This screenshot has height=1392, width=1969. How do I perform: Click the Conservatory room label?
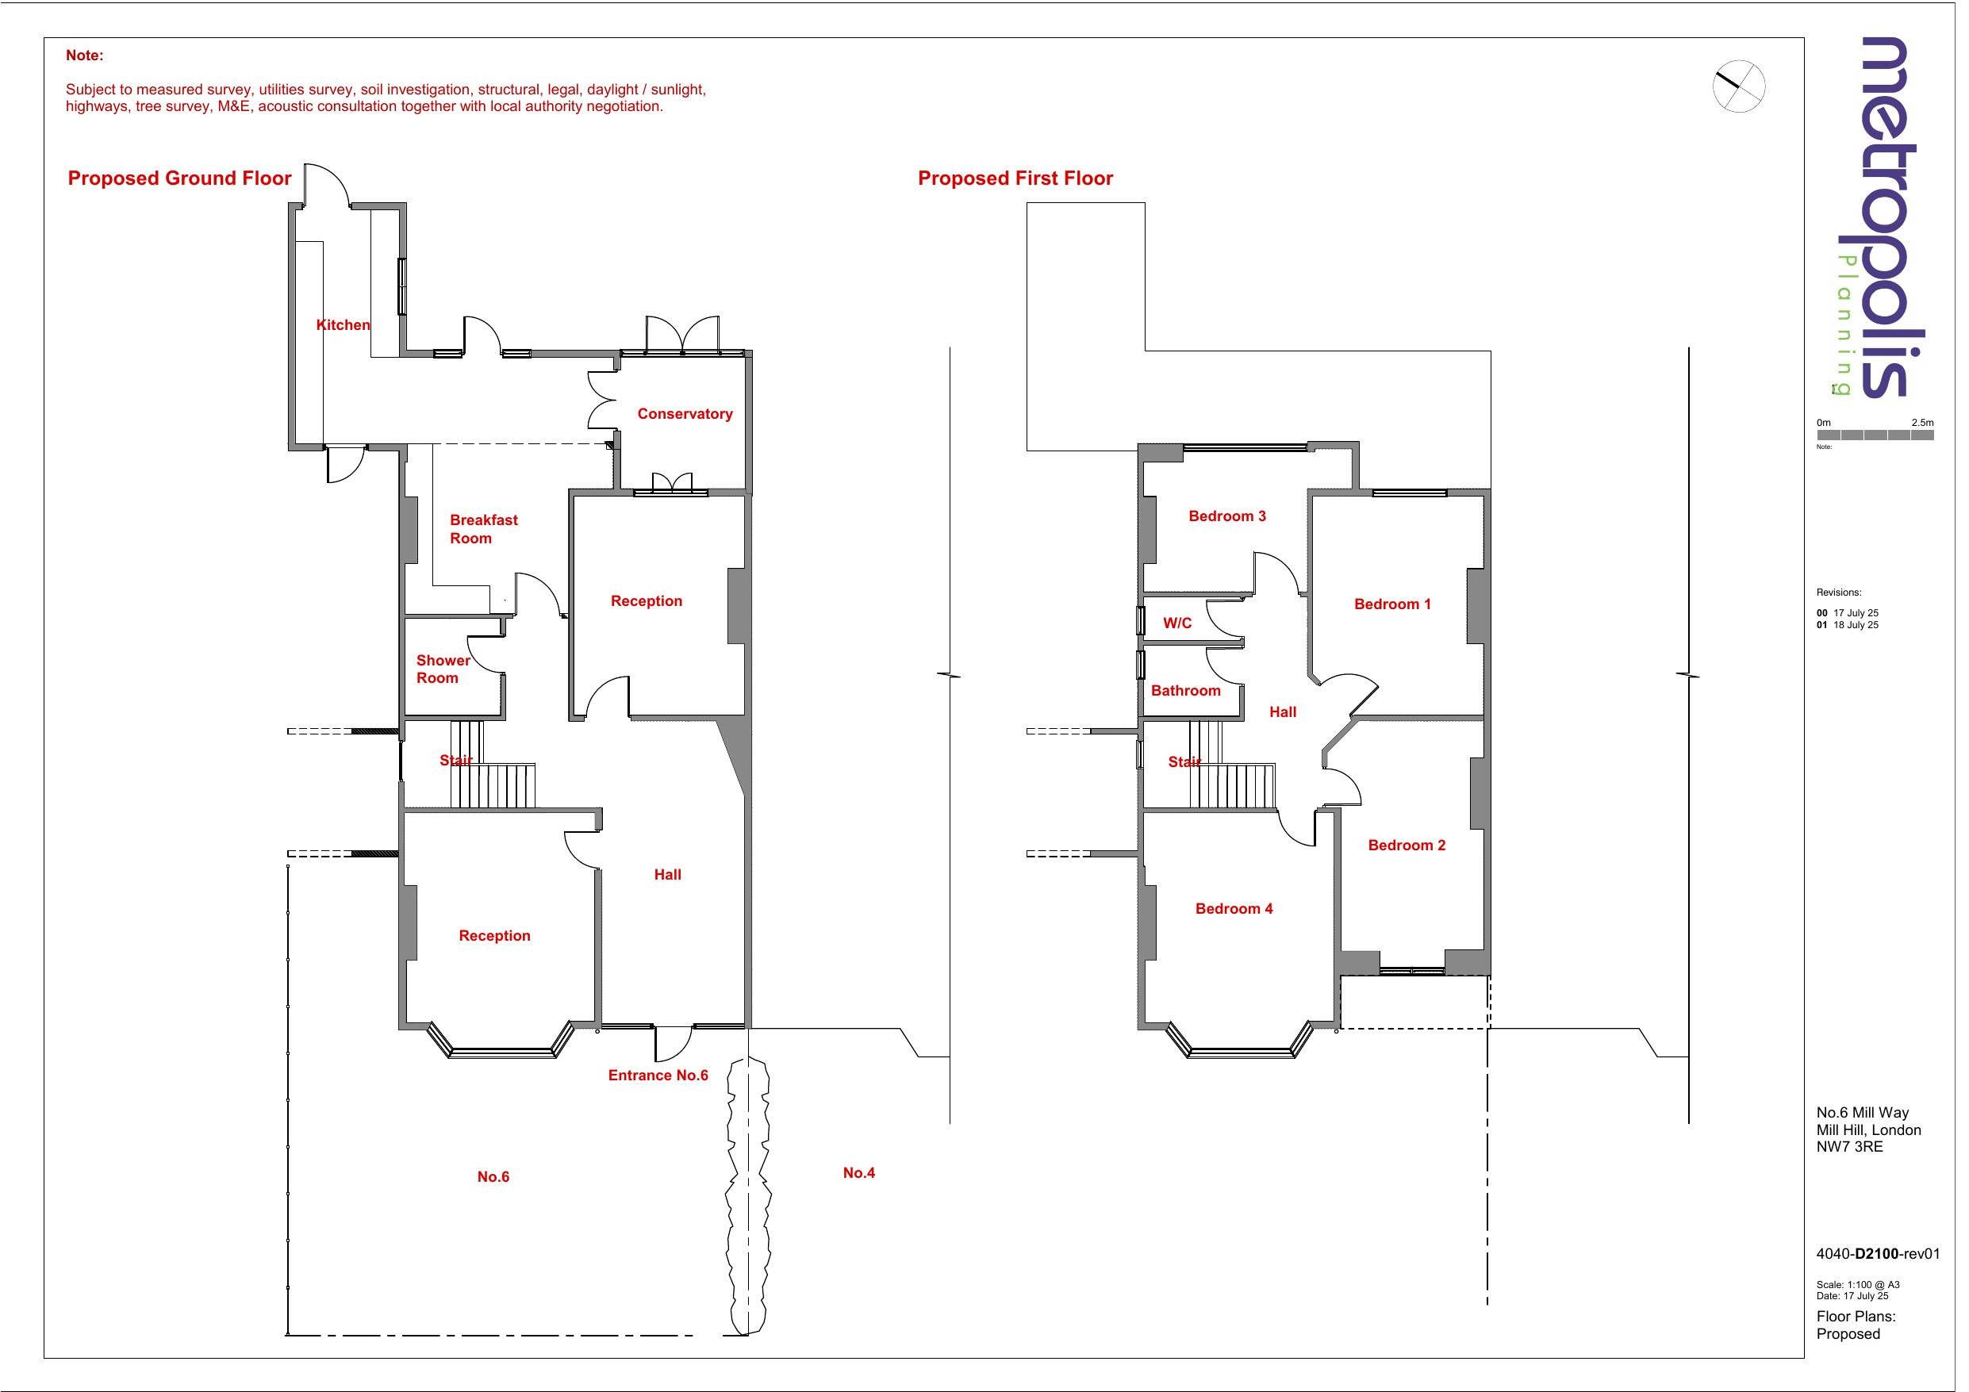point(685,414)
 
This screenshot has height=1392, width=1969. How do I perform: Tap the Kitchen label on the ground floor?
point(343,325)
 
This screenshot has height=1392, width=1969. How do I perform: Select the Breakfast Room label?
point(483,529)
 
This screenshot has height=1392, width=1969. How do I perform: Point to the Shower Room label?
point(443,669)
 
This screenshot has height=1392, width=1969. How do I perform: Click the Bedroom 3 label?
point(1226,516)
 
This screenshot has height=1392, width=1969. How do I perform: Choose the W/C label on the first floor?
point(1176,623)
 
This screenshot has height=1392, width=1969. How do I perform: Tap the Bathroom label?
point(1185,692)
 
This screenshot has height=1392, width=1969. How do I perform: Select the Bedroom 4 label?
point(1233,909)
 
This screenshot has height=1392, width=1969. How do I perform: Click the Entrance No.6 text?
point(658,1076)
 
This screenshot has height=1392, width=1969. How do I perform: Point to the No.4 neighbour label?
point(858,1173)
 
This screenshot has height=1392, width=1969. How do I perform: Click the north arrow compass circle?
point(1739,86)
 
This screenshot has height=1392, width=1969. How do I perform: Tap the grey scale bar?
point(1875,435)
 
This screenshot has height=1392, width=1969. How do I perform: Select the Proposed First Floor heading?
point(1015,178)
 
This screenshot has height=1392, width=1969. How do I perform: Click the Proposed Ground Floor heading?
point(179,178)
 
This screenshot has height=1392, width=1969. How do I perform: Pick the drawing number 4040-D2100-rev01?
point(1877,1254)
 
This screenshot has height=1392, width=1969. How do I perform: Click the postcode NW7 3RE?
point(1849,1147)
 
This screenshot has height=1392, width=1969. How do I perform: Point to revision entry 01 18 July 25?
point(1847,625)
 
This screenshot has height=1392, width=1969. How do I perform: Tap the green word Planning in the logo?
point(1844,326)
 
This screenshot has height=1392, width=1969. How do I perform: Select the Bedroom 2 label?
point(1407,846)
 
